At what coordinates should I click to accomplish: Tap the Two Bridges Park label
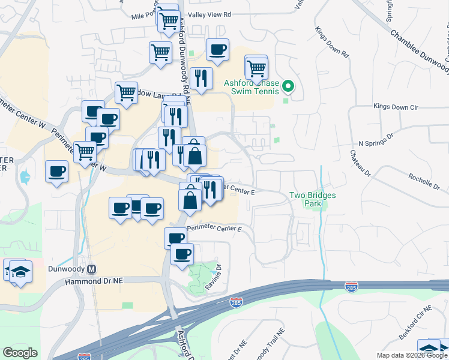(312, 199)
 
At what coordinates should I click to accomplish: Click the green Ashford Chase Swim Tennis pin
(288, 87)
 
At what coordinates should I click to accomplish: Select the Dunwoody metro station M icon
(92, 270)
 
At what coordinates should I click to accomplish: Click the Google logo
(20, 353)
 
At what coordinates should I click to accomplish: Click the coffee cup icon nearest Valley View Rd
(217, 50)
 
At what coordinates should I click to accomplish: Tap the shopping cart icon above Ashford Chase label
(256, 68)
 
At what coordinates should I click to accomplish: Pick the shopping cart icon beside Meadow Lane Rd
(126, 92)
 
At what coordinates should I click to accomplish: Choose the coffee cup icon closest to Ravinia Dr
(182, 253)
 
